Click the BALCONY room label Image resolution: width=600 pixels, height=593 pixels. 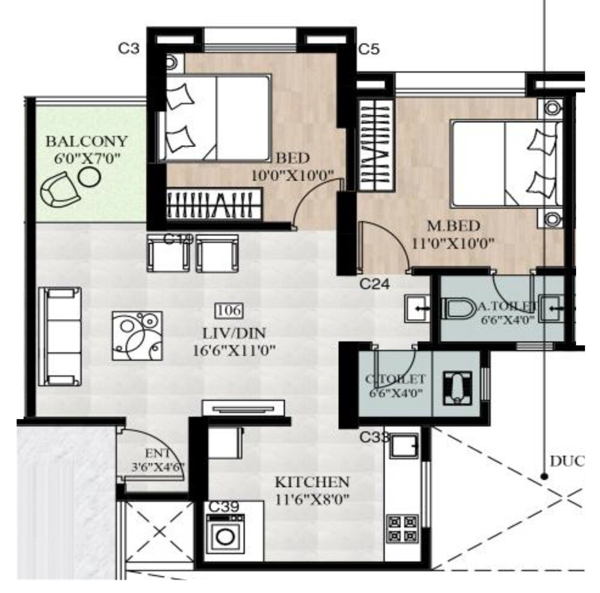[87, 142]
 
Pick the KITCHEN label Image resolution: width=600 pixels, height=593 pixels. [311, 482]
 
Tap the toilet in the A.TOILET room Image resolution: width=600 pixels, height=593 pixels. [459, 310]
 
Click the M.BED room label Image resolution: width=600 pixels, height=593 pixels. [453, 226]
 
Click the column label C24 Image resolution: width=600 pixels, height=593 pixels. [375, 284]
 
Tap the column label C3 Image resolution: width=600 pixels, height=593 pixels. [128, 49]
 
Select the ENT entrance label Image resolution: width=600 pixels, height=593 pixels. [158, 453]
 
